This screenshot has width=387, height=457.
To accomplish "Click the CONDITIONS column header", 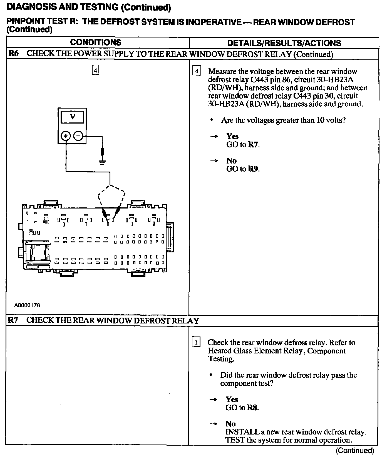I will [96, 42].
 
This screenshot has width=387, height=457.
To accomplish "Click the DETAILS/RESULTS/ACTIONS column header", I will [284, 43].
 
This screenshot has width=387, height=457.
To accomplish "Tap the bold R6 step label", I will [13, 53].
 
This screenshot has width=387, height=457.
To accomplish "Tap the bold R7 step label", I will [13, 320].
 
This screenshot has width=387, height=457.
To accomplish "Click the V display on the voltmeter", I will [72, 117].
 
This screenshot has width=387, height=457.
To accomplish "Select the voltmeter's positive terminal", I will [66, 136].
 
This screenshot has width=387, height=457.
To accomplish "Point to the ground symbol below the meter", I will [103, 162].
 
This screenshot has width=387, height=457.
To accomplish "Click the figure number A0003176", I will [27, 305].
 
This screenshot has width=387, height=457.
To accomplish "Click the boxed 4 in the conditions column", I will [95, 70].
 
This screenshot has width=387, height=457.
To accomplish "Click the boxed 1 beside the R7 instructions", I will [196, 343].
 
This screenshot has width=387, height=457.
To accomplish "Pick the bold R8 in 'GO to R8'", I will [252, 408].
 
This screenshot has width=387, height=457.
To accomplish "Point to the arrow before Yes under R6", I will [214, 137].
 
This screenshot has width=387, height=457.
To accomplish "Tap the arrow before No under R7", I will [213, 424].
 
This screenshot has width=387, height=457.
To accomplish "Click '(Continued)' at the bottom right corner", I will [355, 450].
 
